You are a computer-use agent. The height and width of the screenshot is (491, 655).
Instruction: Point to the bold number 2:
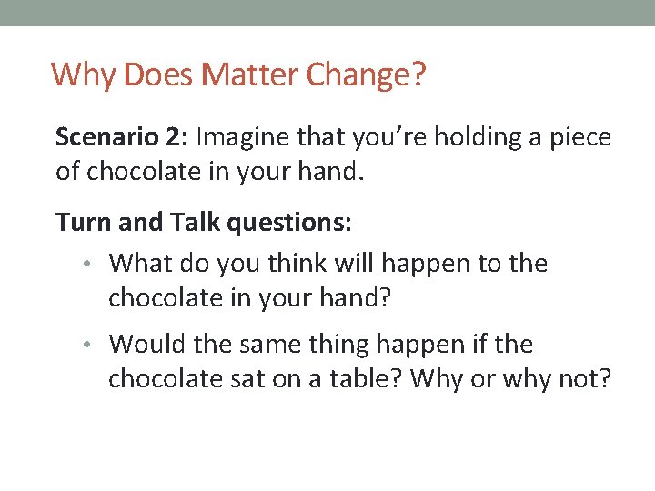tap(176, 137)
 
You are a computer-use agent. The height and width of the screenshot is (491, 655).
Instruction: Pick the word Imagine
tap(240, 137)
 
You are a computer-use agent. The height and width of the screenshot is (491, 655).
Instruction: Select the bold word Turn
tap(79, 221)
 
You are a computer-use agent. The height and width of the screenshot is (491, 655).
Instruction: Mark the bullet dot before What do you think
tap(95, 265)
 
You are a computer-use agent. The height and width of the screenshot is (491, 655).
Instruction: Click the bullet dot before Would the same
tap(95, 346)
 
